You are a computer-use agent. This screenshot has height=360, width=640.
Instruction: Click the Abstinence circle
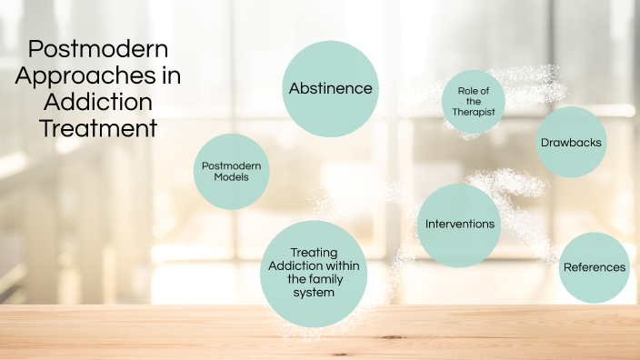[330, 88]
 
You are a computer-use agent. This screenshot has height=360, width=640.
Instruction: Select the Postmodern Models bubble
[231, 171]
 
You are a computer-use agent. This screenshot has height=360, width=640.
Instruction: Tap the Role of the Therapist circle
[473, 101]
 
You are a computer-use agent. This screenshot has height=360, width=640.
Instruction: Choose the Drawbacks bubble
[571, 143]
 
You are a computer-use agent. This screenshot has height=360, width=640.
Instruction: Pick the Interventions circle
[460, 224]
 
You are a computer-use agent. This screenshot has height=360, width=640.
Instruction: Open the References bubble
[594, 267]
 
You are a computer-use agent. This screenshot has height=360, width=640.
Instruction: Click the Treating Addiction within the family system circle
[314, 273]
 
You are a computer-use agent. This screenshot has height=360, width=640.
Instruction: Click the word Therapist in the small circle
[473, 113]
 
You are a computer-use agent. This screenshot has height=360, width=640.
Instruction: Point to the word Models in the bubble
[231, 177]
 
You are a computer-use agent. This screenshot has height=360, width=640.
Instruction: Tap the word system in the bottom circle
[314, 293]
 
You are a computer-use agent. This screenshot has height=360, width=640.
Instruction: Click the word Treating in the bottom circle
[314, 252]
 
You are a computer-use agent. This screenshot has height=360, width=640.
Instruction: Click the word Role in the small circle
[466, 89]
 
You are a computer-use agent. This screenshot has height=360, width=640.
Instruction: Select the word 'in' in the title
[170, 76]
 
